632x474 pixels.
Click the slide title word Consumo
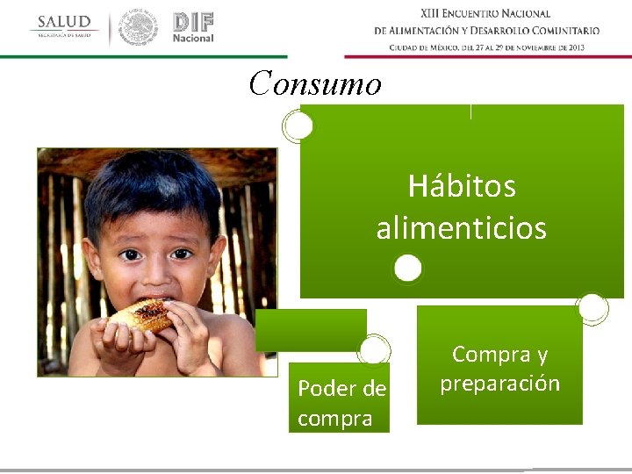[315, 84]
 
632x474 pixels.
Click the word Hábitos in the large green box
[462, 186]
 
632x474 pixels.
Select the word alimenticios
[462, 229]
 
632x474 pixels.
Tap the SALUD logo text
[63, 22]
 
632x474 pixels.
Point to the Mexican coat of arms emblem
[138, 27]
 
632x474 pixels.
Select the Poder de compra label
[341, 403]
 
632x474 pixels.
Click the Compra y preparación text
[499, 369]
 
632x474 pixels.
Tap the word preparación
[499, 384]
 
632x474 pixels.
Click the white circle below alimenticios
[407, 268]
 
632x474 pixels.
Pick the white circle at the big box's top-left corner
[298, 126]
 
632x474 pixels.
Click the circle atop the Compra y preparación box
[592, 307]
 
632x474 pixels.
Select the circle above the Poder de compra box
[374, 349]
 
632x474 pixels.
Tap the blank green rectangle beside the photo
[311, 330]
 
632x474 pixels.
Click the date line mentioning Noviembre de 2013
[486, 47]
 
